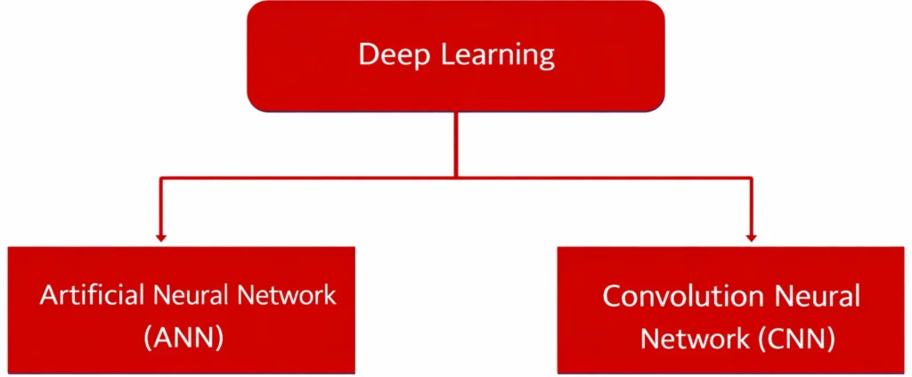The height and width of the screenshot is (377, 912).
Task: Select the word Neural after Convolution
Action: pos(817,296)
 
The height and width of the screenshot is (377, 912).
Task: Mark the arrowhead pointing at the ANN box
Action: pos(160,236)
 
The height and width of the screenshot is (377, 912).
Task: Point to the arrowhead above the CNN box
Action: pos(751,236)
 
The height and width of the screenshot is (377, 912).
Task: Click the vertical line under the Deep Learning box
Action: pos(456,143)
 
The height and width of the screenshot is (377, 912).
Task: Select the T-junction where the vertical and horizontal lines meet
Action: pos(456,176)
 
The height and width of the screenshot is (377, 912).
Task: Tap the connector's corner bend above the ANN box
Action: pos(160,177)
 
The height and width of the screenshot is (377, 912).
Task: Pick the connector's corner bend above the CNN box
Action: pos(751,177)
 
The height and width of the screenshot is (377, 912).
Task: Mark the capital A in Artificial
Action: pos(47,294)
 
